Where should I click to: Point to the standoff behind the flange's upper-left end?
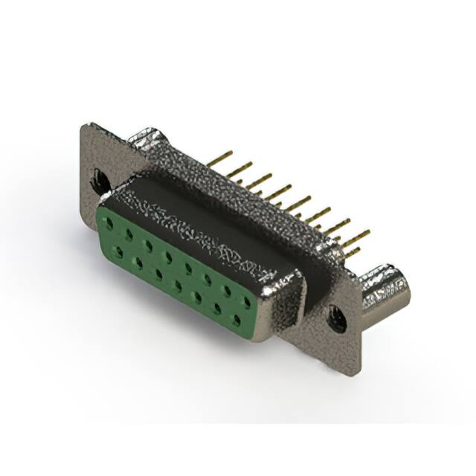click(149, 140)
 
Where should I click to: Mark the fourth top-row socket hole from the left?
click(170, 258)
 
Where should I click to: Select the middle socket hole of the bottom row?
click(178, 286)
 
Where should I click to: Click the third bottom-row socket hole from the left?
click(158, 274)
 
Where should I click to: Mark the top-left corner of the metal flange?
click(83, 126)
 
